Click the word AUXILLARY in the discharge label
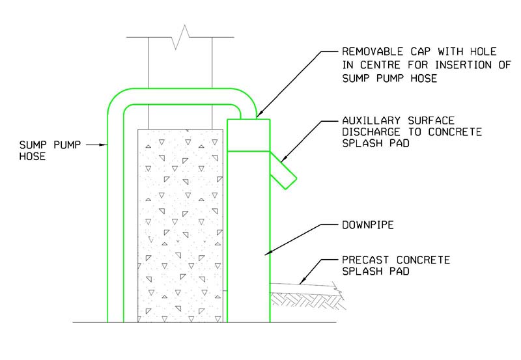point(366,120)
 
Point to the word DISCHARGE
point(366,133)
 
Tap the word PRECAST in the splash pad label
point(362,260)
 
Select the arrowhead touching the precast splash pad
point(302,282)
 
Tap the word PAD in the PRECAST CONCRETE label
point(401,272)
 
